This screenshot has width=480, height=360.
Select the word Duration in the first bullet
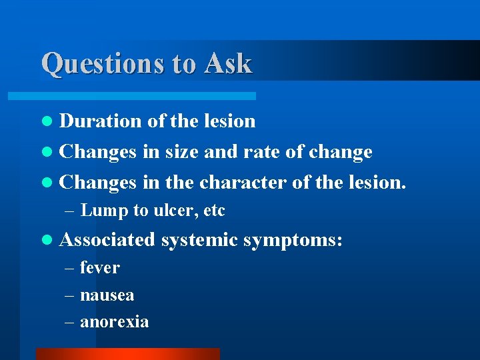100,121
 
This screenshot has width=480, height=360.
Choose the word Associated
107,239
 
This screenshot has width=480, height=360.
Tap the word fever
99,268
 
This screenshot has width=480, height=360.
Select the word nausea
107,295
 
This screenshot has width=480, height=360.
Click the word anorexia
114,322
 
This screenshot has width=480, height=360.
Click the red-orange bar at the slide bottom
127,354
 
